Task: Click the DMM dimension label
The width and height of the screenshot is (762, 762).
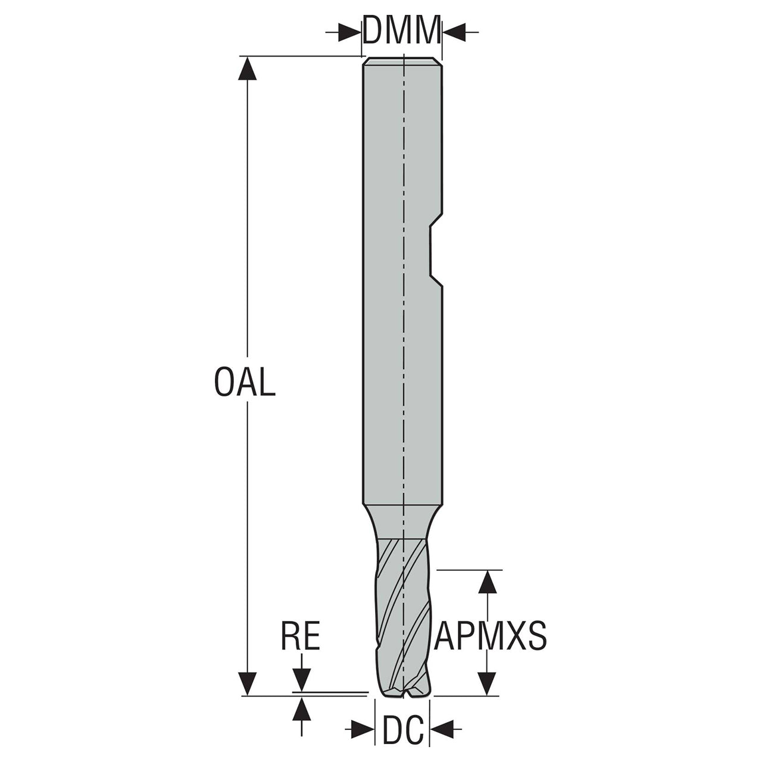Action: (402, 30)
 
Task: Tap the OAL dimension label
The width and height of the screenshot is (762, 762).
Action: (245, 382)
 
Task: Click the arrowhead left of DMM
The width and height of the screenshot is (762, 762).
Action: (350, 32)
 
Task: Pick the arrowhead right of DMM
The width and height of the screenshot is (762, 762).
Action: (454, 32)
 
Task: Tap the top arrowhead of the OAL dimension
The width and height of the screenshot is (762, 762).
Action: (248, 68)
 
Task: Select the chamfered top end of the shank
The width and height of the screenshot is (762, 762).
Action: (402, 61)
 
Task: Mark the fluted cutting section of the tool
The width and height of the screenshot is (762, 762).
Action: (402, 623)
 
